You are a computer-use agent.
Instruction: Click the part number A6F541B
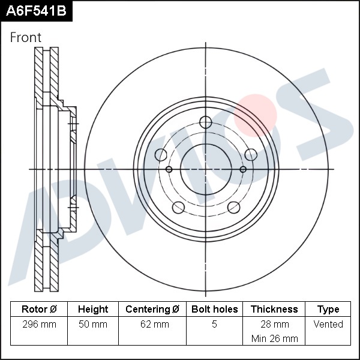[36, 11]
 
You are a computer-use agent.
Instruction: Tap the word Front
[26, 37]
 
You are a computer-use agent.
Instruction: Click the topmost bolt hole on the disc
[205, 122]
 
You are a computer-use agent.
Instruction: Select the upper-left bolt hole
[161, 155]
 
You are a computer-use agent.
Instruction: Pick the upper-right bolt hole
[251, 155]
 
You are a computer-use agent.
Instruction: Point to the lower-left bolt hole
[178, 208]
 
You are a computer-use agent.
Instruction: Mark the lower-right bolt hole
[234, 208]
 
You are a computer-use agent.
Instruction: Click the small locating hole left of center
[169, 169]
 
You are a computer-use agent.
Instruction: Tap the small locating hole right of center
[243, 169]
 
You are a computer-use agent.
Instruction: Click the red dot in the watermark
[255, 115]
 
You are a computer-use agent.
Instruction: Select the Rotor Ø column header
[39, 309]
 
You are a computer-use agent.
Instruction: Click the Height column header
[93, 309]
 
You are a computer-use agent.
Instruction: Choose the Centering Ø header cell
[152, 309]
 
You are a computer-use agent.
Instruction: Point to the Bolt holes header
[214, 309]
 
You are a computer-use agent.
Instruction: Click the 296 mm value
[39, 324]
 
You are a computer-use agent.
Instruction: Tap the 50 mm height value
[93, 324]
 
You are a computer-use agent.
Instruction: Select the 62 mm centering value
[155, 324]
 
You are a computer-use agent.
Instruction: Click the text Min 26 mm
[275, 338]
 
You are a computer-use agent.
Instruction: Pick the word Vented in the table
[328, 324]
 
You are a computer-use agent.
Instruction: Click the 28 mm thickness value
[275, 324]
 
